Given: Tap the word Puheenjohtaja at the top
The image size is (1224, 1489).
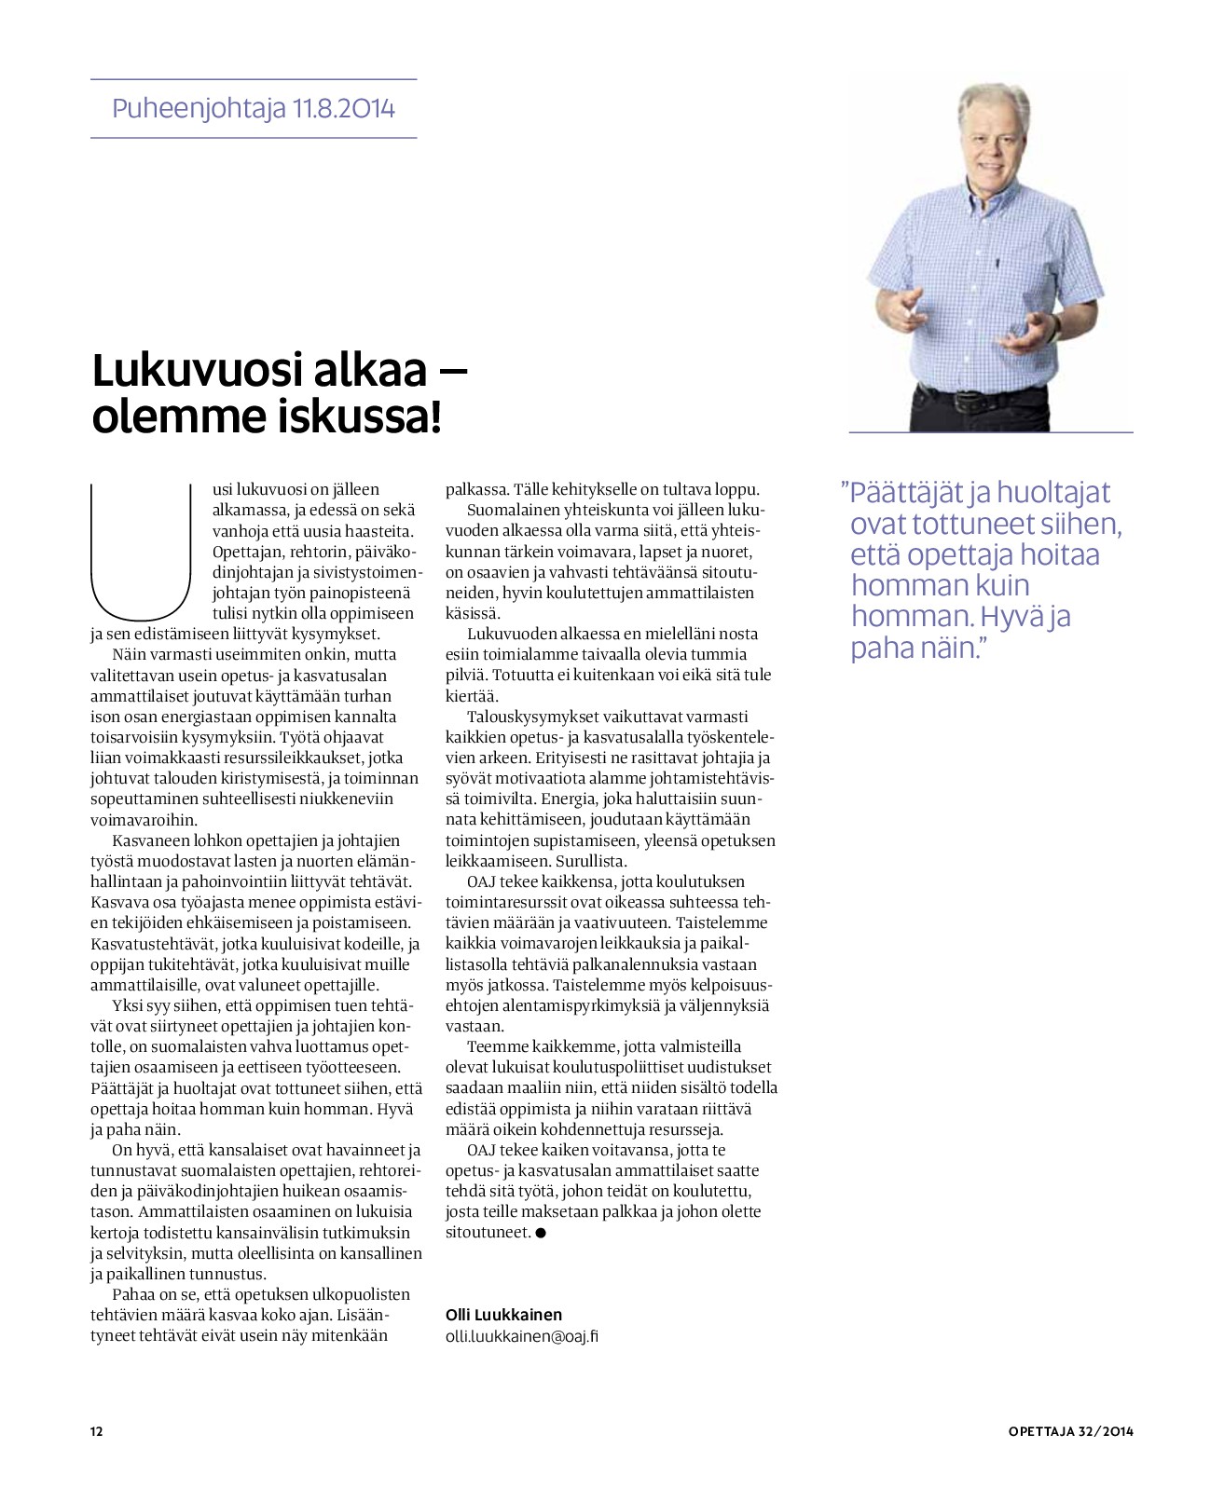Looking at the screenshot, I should (x=198, y=109).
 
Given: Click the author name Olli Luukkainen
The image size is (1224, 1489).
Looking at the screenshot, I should (x=504, y=1315).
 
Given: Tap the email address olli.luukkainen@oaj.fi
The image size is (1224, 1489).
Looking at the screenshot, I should (x=522, y=1335).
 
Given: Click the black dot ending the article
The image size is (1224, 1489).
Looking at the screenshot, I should (x=541, y=1233).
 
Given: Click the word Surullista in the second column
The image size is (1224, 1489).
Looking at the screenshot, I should (x=591, y=861).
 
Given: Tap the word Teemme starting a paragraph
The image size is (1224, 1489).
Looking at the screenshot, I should (x=499, y=1046).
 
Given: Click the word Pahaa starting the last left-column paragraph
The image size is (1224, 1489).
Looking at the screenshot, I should (x=134, y=1294).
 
